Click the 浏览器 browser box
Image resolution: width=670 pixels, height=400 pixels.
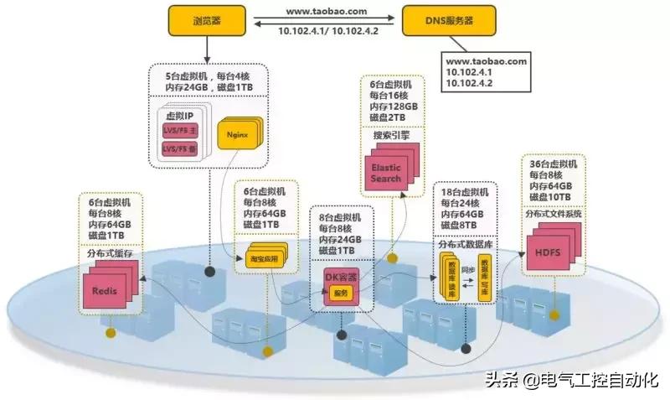(206, 20)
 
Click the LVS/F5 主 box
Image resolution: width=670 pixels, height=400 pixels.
(180, 131)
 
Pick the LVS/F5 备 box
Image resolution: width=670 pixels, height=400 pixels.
(180, 149)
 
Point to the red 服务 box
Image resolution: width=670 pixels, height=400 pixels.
(340, 293)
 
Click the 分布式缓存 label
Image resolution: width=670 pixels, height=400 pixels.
(111, 252)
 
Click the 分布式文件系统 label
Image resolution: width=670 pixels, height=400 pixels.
(552, 214)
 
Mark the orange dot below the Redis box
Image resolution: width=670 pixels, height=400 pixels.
(110, 333)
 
